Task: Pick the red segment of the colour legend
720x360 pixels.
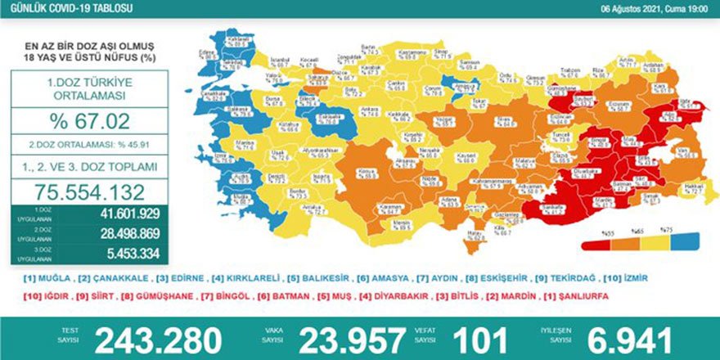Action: (595, 243)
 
